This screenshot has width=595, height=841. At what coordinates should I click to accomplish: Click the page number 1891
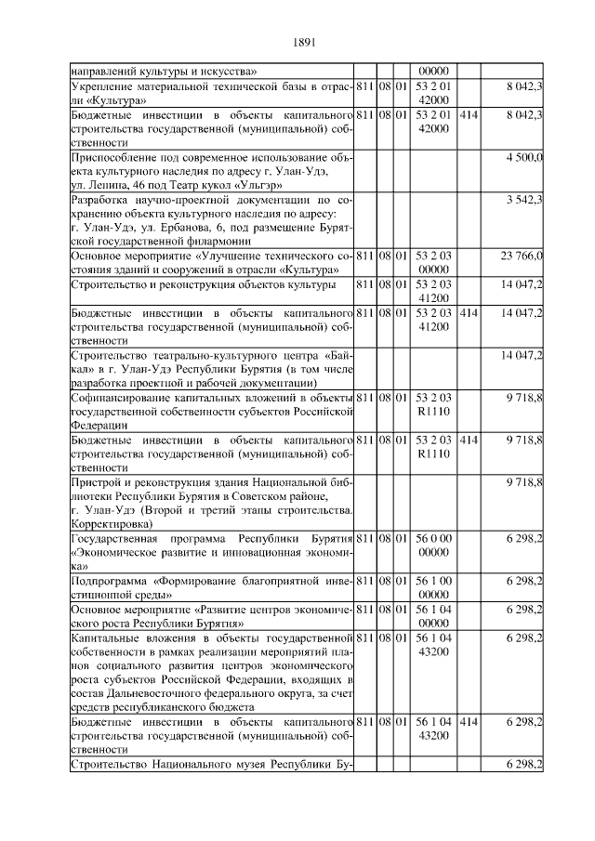click(x=305, y=42)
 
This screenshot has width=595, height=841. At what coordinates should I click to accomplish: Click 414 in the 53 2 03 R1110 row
click(x=469, y=439)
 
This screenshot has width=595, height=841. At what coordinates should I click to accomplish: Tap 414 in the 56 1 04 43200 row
click(x=469, y=720)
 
